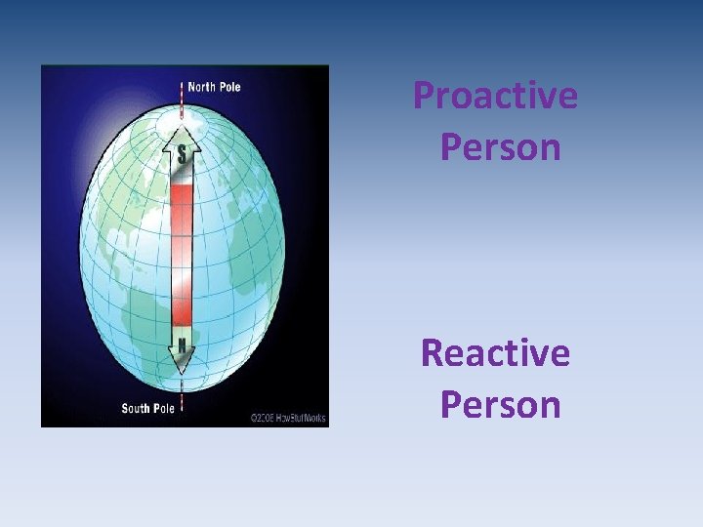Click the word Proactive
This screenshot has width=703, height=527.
pos(495,97)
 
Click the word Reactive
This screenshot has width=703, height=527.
pos(495,352)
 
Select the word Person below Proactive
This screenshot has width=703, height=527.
pos(500,147)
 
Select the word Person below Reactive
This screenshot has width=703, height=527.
pos(500,403)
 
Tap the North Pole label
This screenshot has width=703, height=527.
pos(214,87)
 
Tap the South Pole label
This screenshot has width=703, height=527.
pos(147,408)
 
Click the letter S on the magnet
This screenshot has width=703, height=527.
pos(182,153)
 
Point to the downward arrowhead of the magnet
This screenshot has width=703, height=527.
pos(182,365)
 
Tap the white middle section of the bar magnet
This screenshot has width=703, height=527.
pos(182,256)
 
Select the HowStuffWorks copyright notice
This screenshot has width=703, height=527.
pos(287,417)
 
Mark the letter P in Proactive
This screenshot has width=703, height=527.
pos(424,97)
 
